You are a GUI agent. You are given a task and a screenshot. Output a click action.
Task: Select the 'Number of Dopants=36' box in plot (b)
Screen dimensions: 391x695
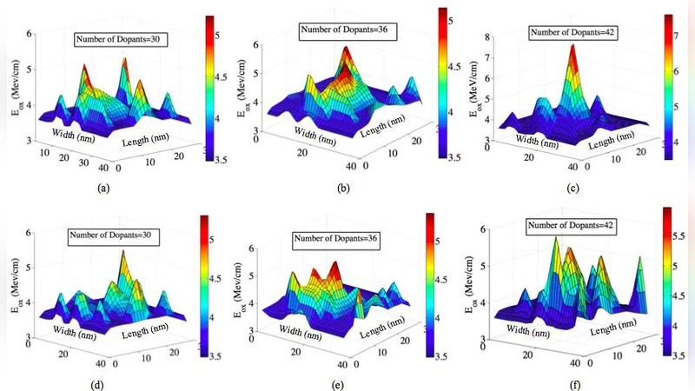[340, 30]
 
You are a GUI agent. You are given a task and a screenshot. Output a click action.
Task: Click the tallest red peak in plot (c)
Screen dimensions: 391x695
[573, 48]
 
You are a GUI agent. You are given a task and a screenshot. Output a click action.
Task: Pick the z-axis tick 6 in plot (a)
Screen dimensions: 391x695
[31, 34]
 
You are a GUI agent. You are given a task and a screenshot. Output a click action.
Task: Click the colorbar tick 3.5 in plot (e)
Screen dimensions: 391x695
[449, 355]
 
